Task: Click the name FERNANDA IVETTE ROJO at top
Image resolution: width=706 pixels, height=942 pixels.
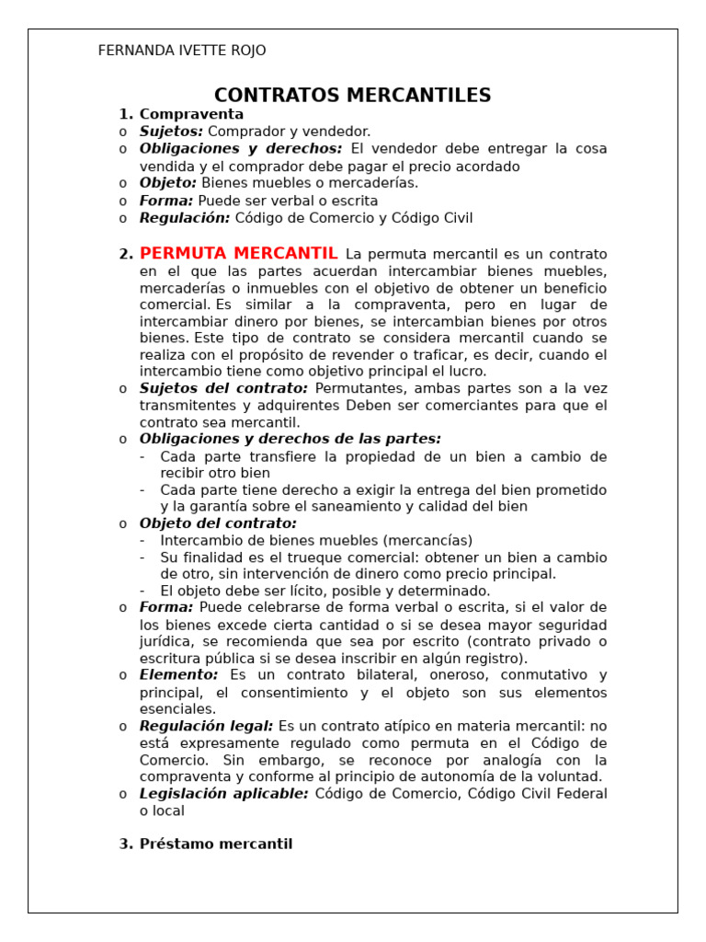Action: [x=182, y=51]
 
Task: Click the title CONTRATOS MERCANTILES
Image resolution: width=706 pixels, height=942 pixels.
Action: [x=352, y=96]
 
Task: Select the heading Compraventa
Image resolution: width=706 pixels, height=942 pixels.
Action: [x=191, y=114]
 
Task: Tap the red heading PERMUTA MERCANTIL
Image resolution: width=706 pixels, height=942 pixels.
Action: [x=239, y=254]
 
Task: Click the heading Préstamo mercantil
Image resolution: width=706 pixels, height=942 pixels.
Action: [x=216, y=844]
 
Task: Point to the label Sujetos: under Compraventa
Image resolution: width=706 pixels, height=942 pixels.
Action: [x=171, y=132]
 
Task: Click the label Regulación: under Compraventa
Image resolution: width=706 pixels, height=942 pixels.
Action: [x=185, y=218]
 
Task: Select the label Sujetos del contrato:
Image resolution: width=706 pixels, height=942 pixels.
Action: [x=223, y=388]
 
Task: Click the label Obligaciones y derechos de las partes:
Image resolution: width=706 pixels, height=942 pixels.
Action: [x=290, y=439]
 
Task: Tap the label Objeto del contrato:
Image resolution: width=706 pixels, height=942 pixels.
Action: [x=218, y=523]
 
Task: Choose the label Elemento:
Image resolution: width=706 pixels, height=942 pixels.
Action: [x=178, y=675]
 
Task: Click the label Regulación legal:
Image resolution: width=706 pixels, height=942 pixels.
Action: [x=206, y=726]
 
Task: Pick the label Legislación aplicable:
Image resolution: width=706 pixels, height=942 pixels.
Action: [x=223, y=793]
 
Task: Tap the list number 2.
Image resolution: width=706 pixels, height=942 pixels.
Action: [x=126, y=255]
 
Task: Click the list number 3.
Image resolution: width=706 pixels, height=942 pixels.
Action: [x=126, y=844]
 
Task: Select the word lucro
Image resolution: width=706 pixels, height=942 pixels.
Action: [x=467, y=372]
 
